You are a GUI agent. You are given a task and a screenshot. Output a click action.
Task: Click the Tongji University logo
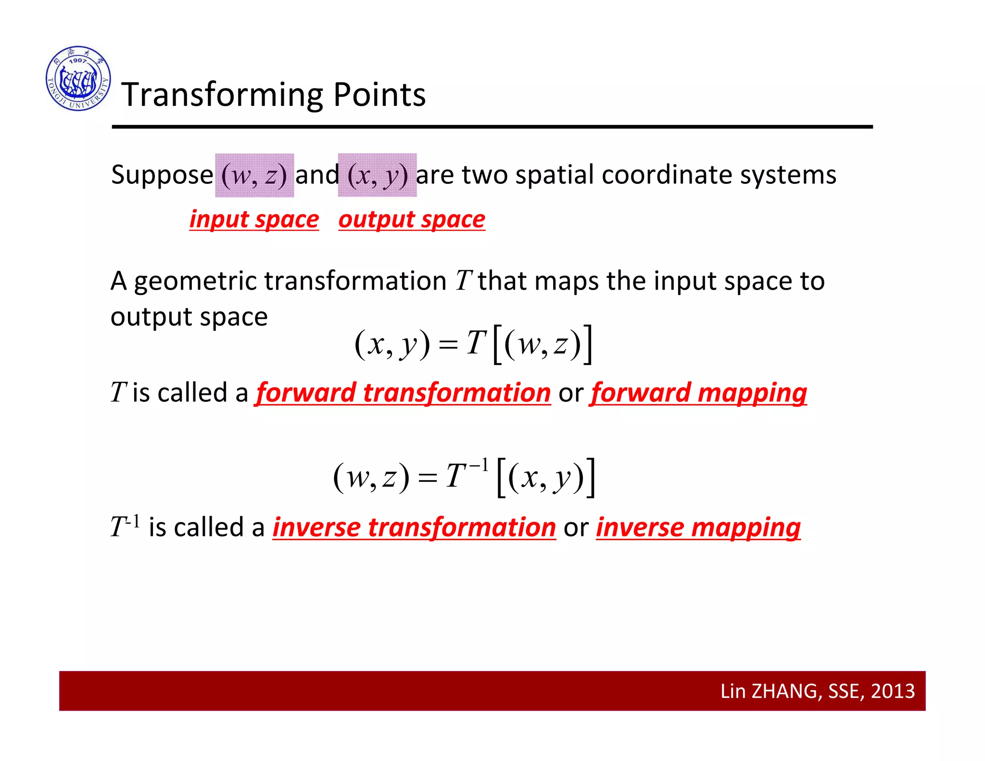click(x=78, y=78)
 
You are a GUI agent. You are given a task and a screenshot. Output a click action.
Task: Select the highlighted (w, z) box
click(x=254, y=175)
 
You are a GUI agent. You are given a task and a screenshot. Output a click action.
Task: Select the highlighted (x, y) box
click(x=377, y=175)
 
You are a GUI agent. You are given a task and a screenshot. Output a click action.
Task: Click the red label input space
click(x=254, y=220)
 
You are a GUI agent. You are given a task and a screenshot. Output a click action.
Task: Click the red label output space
click(x=412, y=220)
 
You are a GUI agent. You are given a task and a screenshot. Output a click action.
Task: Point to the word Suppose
click(x=162, y=175)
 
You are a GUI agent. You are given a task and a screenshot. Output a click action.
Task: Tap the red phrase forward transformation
click(x=403, y=393)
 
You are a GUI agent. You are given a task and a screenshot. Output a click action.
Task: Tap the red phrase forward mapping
click(x=698, y=393)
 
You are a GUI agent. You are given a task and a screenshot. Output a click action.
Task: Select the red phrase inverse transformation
click(x=414, y=528)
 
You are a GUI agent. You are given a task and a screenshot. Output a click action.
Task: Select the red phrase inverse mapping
click(x=698, y=528)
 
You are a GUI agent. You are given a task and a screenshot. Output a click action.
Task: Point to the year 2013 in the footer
click(x=893, y=691)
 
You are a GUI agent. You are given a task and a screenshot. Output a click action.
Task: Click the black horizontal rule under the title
click(x=492, y=127)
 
